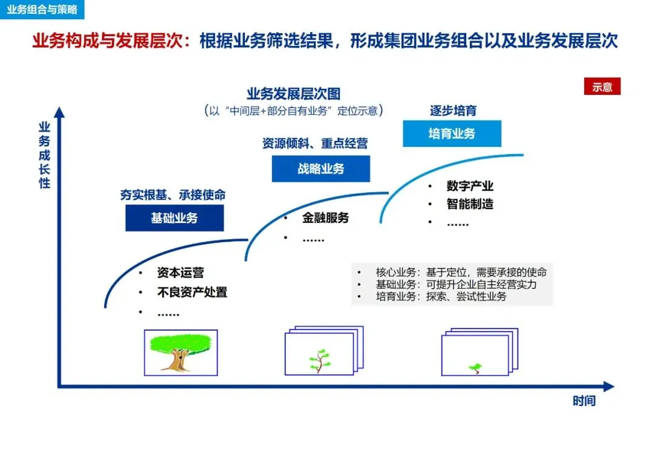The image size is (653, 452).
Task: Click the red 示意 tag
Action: (602, 87)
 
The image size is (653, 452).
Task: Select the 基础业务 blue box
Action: (174, 218)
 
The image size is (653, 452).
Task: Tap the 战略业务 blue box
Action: (320, 169)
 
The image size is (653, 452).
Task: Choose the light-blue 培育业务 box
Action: (452, 134)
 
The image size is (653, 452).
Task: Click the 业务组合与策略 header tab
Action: (42, 10)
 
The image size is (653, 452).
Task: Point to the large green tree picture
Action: (181, 353)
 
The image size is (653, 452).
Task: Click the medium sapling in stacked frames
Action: (320, 360)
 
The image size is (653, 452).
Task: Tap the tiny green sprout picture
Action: (475, 367)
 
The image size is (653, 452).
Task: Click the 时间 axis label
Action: (584, 401)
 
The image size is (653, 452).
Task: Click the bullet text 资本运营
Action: (180, 274)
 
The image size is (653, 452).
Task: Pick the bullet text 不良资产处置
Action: (192, 293)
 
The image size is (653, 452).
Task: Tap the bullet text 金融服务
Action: (325, 219)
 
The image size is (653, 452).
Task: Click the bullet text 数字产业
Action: (470, 186)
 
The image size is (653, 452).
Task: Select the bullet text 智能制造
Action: (470, 204)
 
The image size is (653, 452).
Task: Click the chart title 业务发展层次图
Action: (293, 94)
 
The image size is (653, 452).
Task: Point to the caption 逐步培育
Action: (453, 111)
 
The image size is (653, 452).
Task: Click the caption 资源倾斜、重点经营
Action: (314, 144)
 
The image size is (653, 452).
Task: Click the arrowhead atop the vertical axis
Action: (59, 112)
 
